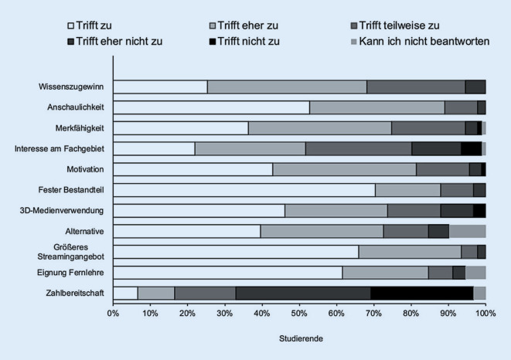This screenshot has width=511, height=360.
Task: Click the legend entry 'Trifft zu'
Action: pyautogui.click(x=90, y=25)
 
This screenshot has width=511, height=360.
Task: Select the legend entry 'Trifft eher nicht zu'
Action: pyautogui.click(x=114, y=42)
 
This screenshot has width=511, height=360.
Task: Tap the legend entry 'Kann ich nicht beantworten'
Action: pyautogui.click(x=420, y=42)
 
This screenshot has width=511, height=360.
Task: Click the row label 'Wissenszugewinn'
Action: pyautogui.click(x=71, y=87)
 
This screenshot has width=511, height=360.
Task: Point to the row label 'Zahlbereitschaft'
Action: pyautogui.click(x=75, y=293)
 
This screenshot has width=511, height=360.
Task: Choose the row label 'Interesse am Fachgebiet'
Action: pyautogui.click(x=60, y=148)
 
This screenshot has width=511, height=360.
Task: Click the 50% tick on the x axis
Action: pyautogui.click(x=299, y=304)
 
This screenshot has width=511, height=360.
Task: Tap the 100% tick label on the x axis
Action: pyautogui.click(x=485, y=314)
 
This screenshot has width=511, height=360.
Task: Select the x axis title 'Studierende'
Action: pyautogui.click(x=301, y=338)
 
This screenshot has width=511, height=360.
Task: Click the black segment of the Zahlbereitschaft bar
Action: pyautogui.click(x=421, y=294)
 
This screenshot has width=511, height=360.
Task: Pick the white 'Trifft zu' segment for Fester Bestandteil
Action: pyautogui.click(x=244, y=190)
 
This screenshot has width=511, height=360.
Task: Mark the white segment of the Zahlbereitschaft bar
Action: pyautogui.click(x=125, y=294)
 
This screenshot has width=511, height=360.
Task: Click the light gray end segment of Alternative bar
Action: pyautogui.click(x=468, y=231)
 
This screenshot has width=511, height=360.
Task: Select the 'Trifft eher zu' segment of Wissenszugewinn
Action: pyautogui.click(x=287, y=87)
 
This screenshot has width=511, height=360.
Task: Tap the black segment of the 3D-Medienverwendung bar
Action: pyautogui.click(x=479, y=211)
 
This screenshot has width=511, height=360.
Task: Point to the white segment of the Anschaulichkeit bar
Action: pyautogui.click(x=212, y=107)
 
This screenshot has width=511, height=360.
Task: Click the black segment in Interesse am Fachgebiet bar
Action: pyautogui.click(x=472, y=149)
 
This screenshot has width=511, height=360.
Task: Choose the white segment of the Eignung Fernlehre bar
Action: pyautogui.click(x=228, y=273)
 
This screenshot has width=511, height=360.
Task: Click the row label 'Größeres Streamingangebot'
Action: pyautogui.click(x=70, y=252)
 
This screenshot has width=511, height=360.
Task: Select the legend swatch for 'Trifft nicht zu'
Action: pyautogui.click(x=212, y=42)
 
